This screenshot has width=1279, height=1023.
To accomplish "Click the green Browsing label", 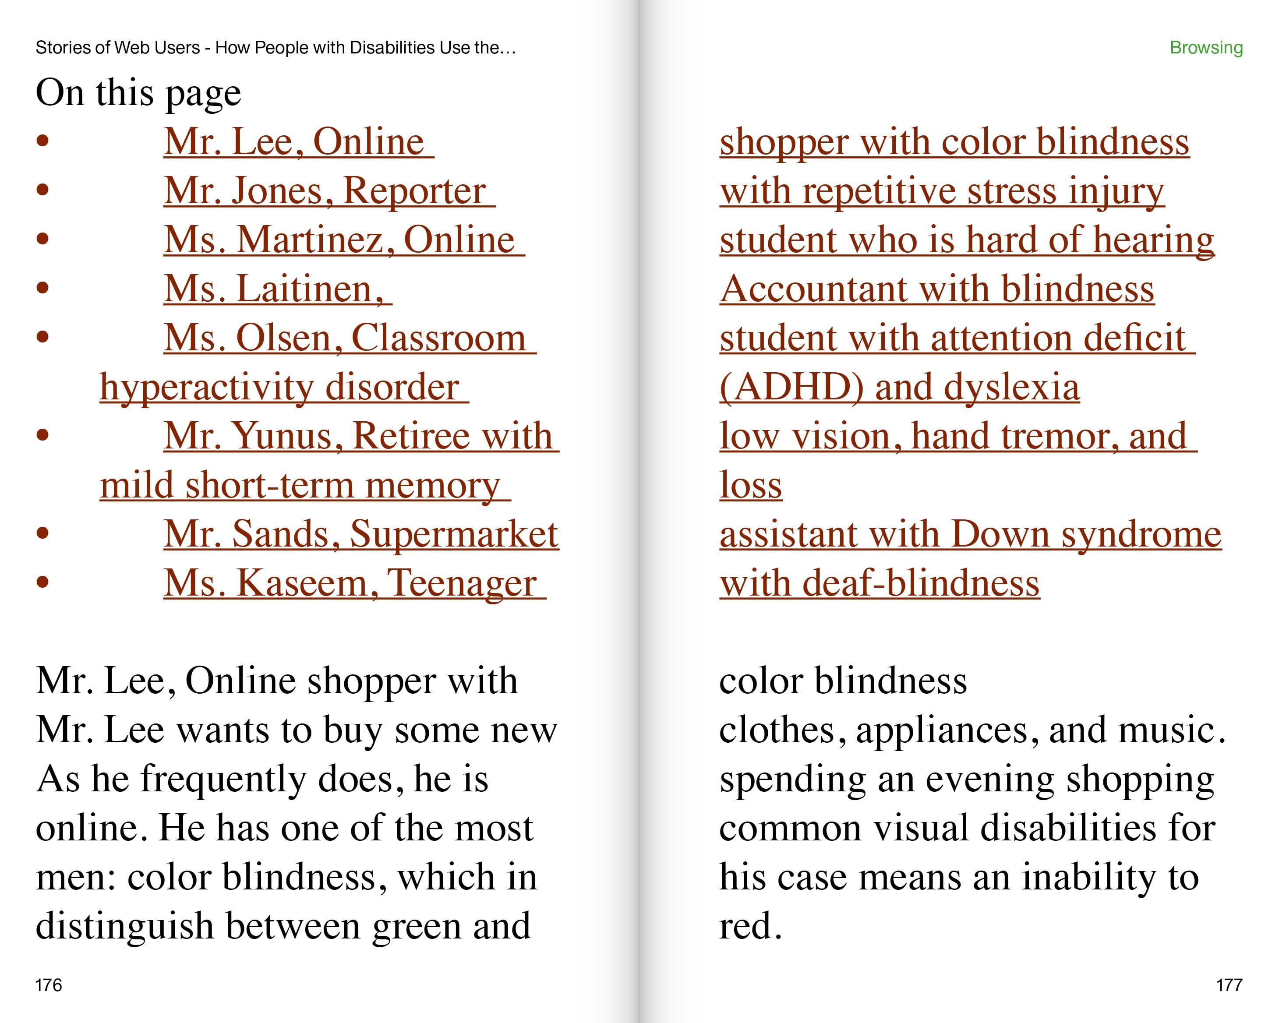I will pos(1205,47).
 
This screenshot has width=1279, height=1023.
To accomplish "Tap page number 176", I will pos(48,985).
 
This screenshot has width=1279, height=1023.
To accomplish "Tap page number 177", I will pos(1229,985).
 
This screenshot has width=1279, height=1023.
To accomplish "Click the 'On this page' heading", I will pos(138,93).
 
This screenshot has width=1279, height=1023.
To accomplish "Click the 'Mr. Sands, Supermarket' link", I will pos(360,534).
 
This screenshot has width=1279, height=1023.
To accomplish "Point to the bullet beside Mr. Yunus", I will pos(42,435).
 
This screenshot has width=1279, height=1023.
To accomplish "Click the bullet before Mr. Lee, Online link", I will pos(42,141).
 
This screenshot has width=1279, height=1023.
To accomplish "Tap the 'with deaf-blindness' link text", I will pos(879,583).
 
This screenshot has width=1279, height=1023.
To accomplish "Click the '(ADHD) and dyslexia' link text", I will pos(899,387).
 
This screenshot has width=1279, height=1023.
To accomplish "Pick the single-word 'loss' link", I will pos(750,485).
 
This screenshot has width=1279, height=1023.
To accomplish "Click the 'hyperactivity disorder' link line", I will pos(279,387).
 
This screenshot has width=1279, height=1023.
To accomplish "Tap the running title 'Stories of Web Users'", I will pos(117,47).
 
